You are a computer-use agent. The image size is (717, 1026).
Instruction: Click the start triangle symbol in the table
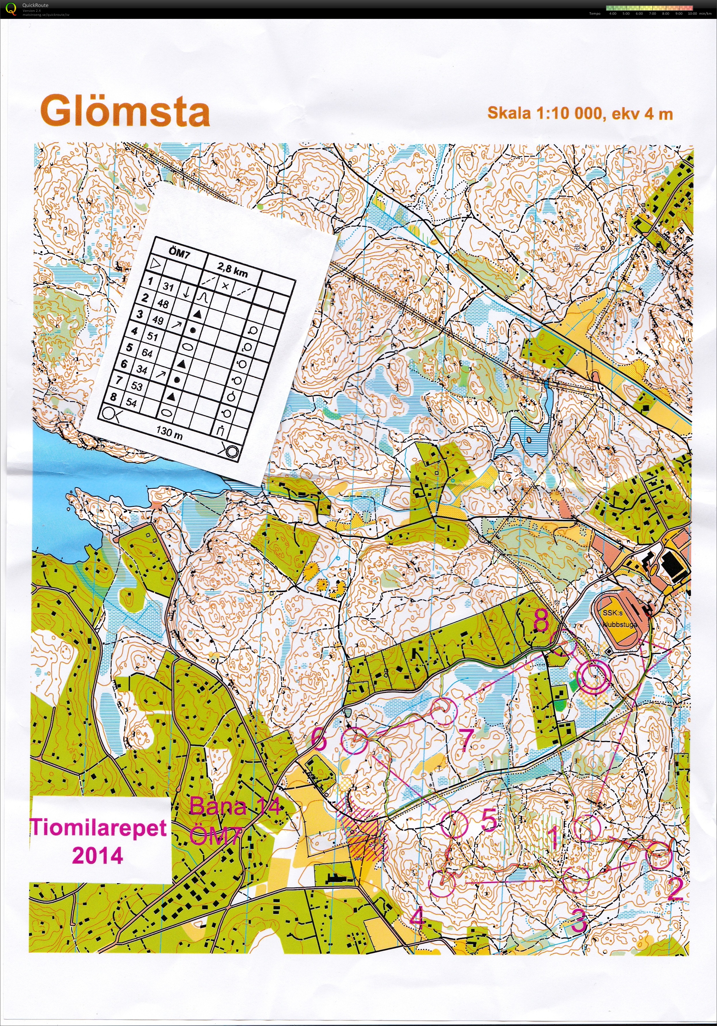pos(155,265)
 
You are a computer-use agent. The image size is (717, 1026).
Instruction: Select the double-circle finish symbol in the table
pos(231,451)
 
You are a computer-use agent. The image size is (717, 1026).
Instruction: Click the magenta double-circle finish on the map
pos(594,677)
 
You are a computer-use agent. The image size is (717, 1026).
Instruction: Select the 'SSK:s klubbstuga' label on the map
pos(620,619)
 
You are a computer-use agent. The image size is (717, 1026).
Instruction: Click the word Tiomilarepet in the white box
pos(98,827)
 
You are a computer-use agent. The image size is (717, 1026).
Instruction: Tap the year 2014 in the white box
pos(97,855)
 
